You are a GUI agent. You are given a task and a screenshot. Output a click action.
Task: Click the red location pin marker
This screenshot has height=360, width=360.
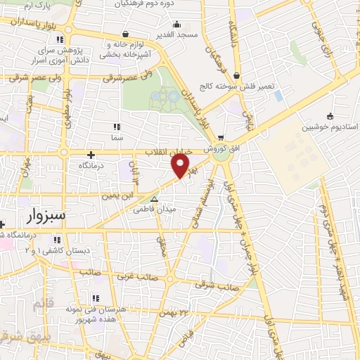181,165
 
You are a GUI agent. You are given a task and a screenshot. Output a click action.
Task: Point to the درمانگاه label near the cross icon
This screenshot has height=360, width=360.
91,165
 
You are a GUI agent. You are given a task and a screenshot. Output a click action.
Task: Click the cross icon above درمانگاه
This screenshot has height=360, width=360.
91,155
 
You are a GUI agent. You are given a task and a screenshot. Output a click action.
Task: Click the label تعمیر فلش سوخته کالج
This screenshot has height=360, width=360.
244,86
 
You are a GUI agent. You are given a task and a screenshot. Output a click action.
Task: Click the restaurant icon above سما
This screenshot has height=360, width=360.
116,127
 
